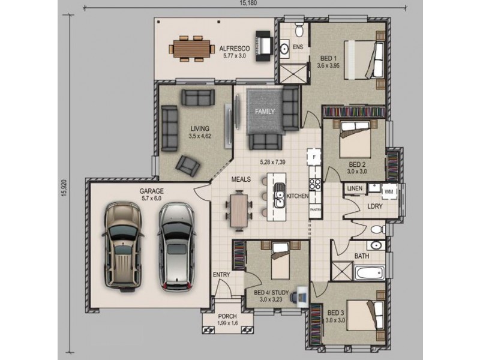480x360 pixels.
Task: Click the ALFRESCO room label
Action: [x=235, y=49]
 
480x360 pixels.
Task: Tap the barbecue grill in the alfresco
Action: [x=264, y=46]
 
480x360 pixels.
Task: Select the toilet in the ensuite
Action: [x=299, y=29]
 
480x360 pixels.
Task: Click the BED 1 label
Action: [x=328, y=58]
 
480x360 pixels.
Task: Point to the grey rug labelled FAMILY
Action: [x=265, y=112]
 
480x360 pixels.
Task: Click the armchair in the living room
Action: [x=188, y=166]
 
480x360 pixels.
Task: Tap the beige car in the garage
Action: [x=123, y=247]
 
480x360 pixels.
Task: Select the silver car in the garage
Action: [x=176, y=247]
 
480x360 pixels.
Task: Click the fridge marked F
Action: [x=314, y=157]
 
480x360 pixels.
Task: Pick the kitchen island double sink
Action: [x=279, y=195]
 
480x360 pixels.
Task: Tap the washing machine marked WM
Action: [x=389, y=191]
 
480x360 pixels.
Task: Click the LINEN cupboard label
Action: [x=355, y=188]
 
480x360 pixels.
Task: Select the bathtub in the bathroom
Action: [x=370, y=273]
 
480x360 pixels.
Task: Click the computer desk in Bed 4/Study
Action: [x=302, y=296]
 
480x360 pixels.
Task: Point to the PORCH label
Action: [x=227, y=316]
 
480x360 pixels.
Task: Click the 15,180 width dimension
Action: [x=248, y=3]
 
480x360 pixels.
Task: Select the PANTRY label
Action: [x=316, y=210]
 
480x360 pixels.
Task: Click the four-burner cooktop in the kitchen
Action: [x=315, y=184]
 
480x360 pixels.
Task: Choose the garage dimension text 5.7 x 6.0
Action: [x=152, y=199]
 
